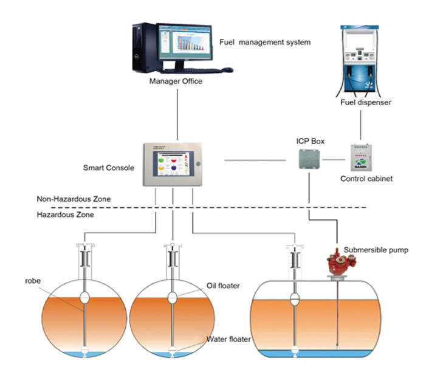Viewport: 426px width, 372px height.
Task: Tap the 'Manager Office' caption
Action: [x=176, y=81]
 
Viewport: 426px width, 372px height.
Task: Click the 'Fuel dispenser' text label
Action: [x=365, y=103]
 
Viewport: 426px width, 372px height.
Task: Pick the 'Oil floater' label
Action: [x=223, y=286]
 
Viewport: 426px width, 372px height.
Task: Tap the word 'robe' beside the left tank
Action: [x=32, y=281]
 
